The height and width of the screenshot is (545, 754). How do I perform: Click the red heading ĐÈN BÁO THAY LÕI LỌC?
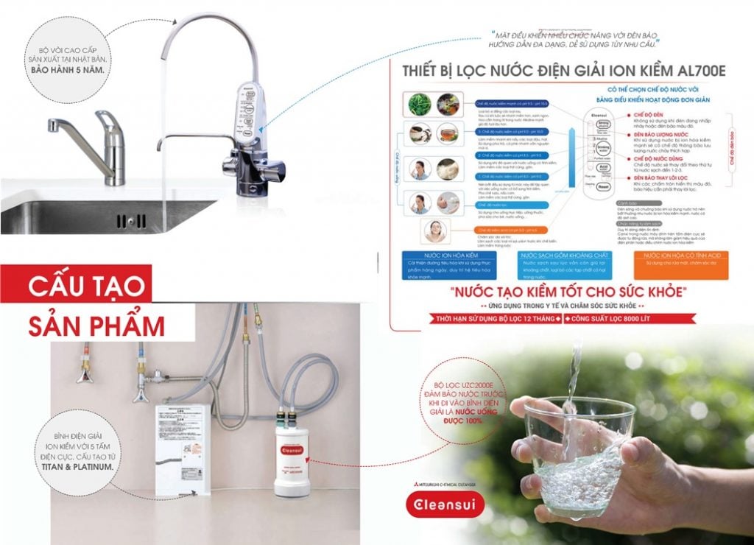pyautogui.click(x=658, y=178)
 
